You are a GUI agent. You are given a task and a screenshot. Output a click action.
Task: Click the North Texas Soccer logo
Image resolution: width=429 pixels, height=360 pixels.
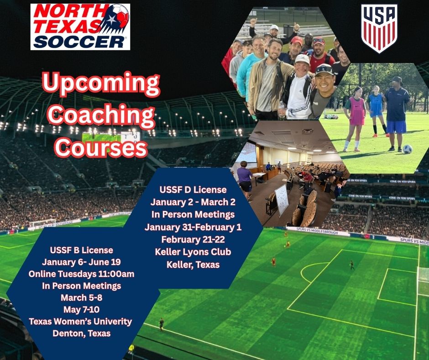coord(80,26)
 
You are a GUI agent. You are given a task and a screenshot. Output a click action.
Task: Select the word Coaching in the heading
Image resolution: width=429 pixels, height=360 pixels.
coord(101,116)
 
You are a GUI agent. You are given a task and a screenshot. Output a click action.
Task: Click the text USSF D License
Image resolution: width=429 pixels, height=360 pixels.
coord(193,189)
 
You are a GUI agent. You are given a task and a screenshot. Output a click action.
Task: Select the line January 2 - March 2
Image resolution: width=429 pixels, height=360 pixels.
coord(193,201)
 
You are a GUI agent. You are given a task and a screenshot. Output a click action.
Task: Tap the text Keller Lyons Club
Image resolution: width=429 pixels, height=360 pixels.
coord(193,252)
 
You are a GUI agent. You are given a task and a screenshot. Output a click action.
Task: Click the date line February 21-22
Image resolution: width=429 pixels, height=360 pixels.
coord(193,239)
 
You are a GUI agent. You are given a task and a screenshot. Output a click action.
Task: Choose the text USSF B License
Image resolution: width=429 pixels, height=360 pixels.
coord(81,250)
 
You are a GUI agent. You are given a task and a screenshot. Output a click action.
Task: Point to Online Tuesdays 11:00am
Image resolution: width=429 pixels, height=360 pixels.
coord(81,274)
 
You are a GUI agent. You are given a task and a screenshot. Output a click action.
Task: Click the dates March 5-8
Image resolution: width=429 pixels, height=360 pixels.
coord(81,298)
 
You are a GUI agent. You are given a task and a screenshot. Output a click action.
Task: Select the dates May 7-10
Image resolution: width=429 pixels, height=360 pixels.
coord(81,310)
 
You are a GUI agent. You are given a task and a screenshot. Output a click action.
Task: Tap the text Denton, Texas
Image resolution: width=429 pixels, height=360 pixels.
coord(81,333)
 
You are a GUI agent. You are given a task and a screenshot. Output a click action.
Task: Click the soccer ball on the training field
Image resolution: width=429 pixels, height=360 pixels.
coord(407,149)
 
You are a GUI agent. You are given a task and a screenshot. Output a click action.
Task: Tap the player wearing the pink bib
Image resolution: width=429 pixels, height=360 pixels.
coord(357,114)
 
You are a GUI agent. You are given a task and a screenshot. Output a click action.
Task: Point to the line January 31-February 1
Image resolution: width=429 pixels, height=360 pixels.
coord(193,227)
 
